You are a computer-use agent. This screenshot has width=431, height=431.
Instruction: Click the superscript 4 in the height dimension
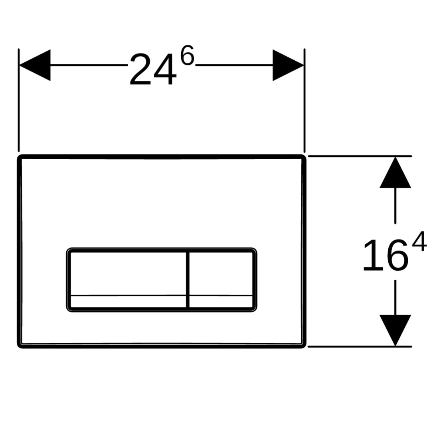tap(419, 241)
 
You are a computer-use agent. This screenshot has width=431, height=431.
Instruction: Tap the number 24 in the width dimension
tap(153, 69)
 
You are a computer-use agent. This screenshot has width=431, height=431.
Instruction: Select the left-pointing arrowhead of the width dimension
tap(35, 65)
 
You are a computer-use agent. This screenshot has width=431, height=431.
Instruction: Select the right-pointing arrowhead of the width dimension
tap(288, 65)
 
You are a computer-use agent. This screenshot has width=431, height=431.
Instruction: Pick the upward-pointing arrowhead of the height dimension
tap(395, 172)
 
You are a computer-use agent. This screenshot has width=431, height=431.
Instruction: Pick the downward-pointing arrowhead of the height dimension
tap(395, 330)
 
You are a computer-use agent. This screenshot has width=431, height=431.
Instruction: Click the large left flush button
tap(129, 274)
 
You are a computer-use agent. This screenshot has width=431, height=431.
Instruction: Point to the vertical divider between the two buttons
tap(188, 279)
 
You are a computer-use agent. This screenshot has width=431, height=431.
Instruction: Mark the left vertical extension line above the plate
tap(18, 100)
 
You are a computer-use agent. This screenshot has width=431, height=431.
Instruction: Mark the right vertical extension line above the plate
tap(304, 100)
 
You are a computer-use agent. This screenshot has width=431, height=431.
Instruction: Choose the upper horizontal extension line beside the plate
tap(360, 156)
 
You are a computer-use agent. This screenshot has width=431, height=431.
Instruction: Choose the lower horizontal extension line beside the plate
tap(360, 347)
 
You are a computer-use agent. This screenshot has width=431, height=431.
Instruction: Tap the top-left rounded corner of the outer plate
tap(19, 157)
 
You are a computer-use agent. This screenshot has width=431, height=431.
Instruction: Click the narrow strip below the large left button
tap(129, 301)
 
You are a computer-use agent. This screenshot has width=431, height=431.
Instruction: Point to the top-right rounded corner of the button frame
tap(255, 250)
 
